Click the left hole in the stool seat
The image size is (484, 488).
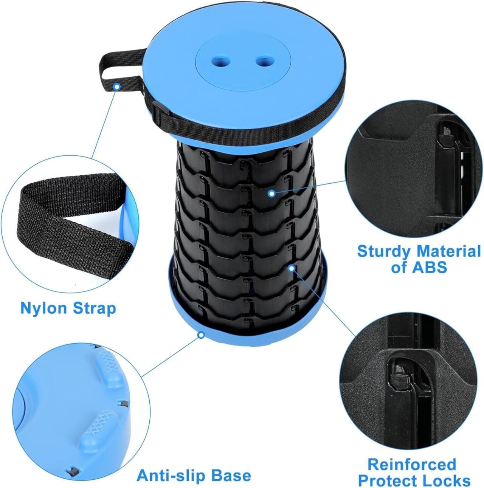tap(220, 60)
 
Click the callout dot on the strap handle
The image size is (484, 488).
tap(117, 87)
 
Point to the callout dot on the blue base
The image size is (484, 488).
tap(201, 335)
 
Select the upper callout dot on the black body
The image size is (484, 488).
tap(271, 193)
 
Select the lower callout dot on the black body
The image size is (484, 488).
tap(292, 268)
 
